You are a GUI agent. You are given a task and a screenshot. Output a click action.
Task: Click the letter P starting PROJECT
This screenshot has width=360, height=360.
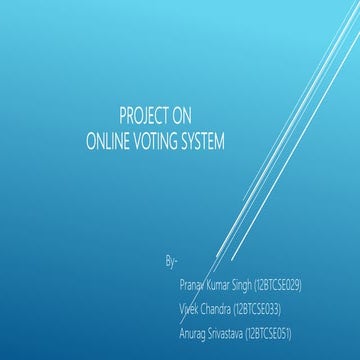click(x=122, y=115)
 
